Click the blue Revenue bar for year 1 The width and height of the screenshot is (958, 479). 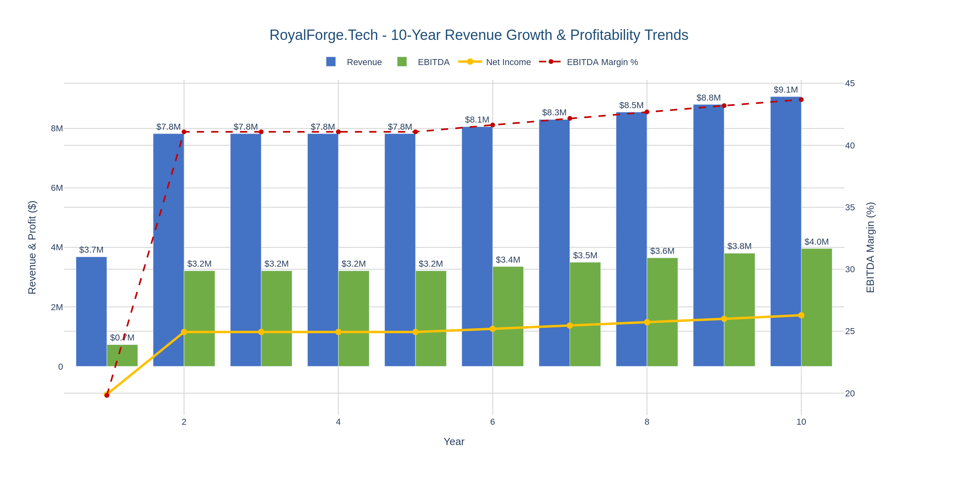tap(91, 311)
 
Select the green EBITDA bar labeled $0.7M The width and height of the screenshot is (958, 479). tap(122, 355)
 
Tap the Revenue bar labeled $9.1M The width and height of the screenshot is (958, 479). tap(786, 232)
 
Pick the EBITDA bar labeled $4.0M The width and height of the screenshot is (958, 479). tap(817, 307)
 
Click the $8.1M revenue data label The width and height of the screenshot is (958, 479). tap(477, 120)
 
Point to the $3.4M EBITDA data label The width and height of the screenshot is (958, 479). tap(508, 260)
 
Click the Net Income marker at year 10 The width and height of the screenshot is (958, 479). tap(801, 315)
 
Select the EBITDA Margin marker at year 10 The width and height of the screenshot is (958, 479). tap(801, 99)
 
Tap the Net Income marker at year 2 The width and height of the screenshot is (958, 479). tap(184, 332)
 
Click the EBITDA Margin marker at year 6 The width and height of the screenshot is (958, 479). tap(493, 125)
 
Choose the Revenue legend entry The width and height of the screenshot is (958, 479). tap(354, 62)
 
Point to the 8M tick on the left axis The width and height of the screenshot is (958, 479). tap(57, 129)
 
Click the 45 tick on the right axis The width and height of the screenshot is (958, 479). tap(850, 83)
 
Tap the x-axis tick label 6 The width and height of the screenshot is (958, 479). tap(493, 422)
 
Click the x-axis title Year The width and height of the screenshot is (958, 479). tap(454, 442)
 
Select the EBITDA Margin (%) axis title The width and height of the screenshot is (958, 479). tap(871, 247)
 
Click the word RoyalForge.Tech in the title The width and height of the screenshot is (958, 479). tap(323, 35)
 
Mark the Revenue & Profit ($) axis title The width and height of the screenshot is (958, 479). tap(32, 247)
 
